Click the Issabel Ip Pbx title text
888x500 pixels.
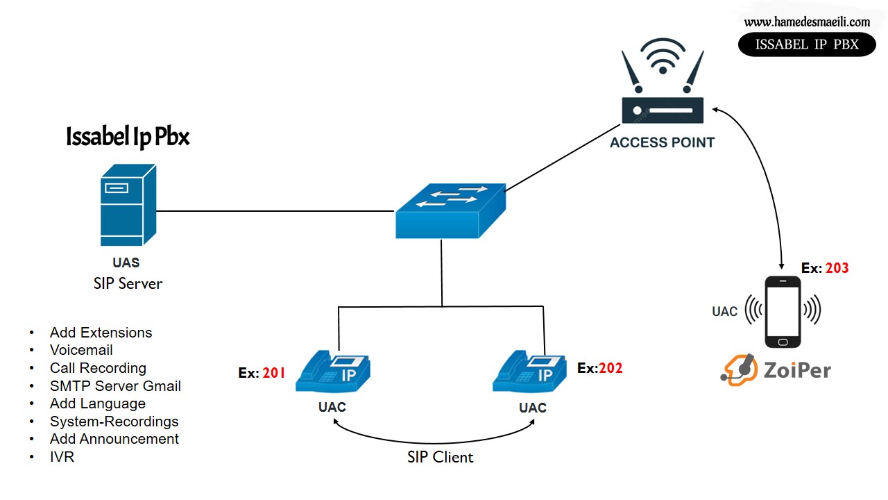(x=128, y=137)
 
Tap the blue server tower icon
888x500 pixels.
(x=128, y=206)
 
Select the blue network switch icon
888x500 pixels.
(x=451, y=211)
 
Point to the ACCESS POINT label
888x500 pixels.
(x=662, y=142)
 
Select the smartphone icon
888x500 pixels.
(x=783, y=312)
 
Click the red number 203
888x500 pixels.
(x=837, y=268)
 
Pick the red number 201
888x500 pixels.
(x=274, y=373)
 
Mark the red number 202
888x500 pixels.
(x=610, y=368)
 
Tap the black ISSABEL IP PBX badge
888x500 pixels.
(x=807, y=44)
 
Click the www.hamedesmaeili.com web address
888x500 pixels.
(x=807, y=22)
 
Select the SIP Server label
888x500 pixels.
(x=128, y=283)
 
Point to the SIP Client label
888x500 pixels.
(x=440, y=457)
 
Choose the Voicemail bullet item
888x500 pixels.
(x=81, y=350)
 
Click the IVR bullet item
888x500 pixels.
(x=62, y=457)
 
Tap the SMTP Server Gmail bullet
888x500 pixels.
(x=115, y=385)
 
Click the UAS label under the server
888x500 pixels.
(x=126, y=262)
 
